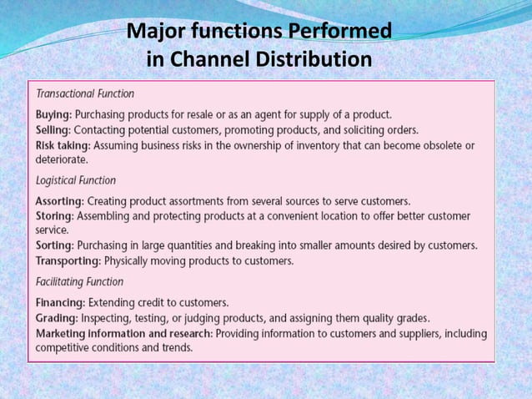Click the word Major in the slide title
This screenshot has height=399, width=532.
(156, 33)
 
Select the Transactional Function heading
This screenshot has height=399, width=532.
(85, 94)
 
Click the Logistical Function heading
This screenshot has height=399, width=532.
(76, 180)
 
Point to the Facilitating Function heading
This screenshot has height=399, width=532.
(79, 282)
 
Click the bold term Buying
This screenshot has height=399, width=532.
(53, 114)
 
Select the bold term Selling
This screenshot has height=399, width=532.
(53, 129)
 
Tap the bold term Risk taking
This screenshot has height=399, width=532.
(63, 144)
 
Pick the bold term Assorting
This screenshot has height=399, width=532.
(59, 201)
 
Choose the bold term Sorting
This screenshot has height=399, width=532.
(54, 245)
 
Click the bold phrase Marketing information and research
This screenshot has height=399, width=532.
(124, 333)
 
